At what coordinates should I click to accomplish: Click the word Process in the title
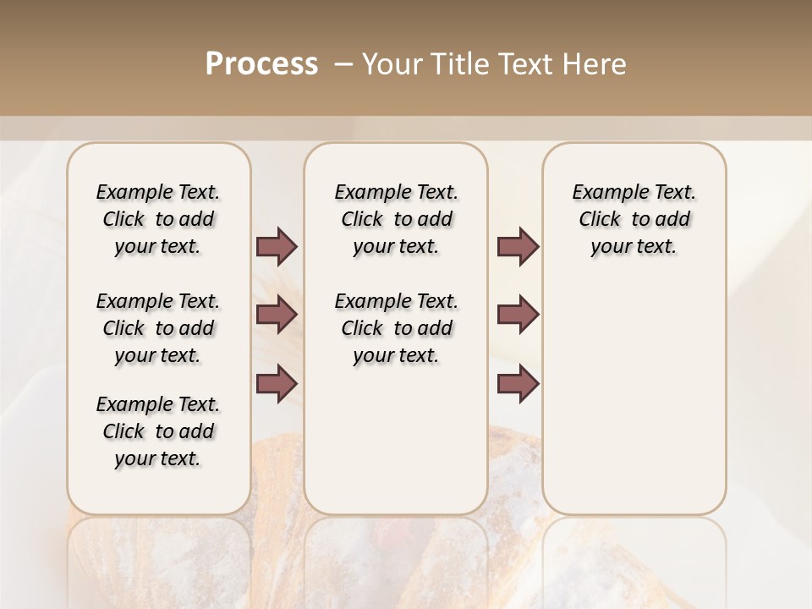coord(261,64)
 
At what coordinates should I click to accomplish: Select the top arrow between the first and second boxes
coord(277,247)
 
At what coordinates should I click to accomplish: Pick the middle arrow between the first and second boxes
coord(277,315)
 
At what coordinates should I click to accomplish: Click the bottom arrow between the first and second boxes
coord(277,383)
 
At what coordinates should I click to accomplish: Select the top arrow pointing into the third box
coord(518,247)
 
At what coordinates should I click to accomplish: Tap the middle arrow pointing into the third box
coord(518,315)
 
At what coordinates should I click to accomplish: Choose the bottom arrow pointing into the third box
coord(518,383)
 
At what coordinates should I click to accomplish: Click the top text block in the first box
coord(158,219)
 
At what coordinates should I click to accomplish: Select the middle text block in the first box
coord(158,328)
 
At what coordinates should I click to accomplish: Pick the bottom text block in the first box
coord(158,431)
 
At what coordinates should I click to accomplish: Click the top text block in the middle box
coord(396,219)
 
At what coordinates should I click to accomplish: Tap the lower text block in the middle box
coord(396,328)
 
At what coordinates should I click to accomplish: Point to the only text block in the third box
coord(634,219)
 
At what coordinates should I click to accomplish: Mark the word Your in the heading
coord(392,64)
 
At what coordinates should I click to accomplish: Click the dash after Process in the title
coord(343,64)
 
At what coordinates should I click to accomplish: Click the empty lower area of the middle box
coord(396,440)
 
